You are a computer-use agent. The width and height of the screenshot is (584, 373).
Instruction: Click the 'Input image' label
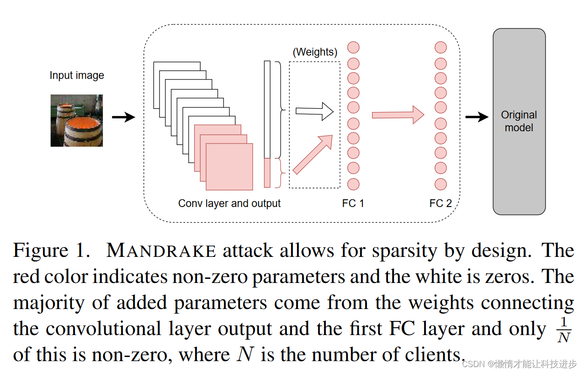pyautogui.click(x=77, y=75)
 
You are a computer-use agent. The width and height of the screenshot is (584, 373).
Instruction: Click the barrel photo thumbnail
pyautogui.click(x=77, y=120)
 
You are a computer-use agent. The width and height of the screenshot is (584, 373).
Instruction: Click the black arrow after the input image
pyautogui.click(x=123, y=117)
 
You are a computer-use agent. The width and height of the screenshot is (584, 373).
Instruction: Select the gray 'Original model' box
pyautogui.click(x=519, y=122)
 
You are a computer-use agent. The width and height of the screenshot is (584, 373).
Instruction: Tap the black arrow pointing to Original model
pyautogui.click(x=477, y=117)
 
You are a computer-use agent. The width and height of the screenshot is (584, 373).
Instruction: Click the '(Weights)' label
pyautogui.click(x=315, y=52)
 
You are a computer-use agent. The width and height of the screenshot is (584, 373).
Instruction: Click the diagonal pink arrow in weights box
pyautogui.click(x=313, y=155)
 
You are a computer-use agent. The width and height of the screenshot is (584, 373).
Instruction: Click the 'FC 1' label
pyautogui.click(x=353, y=203)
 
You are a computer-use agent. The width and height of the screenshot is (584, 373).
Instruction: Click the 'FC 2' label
pyautogui.click(x=441, y=203)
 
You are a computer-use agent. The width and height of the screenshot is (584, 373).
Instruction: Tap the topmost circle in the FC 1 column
pyautogui.click(x=353, y=48)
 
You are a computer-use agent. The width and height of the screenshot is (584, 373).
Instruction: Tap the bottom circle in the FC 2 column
pyautogui.click(x=441, y=184)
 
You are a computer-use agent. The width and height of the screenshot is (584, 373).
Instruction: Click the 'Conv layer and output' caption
pyautogui.click(x=229, y=203)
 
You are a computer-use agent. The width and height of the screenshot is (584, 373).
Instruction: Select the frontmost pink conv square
pyautogui.click(x=229, y=167)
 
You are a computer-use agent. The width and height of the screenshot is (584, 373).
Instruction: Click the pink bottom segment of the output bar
pyautogui.click(x=267, y=173)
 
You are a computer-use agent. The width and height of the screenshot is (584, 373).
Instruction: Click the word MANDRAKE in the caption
pyautogui.click(x=161, y=251)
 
